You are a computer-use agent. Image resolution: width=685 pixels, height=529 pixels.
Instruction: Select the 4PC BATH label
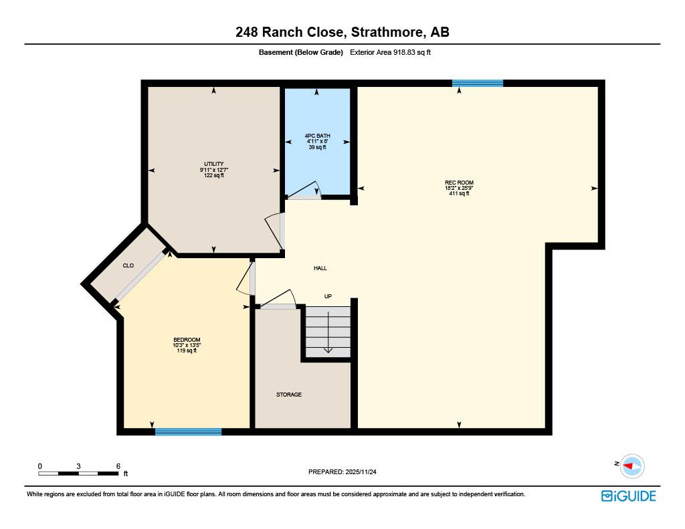point(317,136)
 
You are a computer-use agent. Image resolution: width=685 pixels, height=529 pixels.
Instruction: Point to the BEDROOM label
point(187,340)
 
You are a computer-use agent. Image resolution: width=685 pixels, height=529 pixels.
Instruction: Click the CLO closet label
point(128,266)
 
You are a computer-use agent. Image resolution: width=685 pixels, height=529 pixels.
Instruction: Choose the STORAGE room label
point(289,395)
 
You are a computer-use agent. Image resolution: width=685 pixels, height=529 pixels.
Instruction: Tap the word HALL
point(320,268)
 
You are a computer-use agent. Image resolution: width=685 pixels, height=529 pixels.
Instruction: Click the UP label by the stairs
point(328,296)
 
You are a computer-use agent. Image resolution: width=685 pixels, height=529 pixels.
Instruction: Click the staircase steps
point(328,332)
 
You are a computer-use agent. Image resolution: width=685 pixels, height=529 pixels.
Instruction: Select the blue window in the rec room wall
point(478,83)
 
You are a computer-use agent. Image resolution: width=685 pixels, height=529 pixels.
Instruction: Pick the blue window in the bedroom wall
point(188,432)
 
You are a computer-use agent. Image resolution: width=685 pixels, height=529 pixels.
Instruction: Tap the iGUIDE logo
point(628,496)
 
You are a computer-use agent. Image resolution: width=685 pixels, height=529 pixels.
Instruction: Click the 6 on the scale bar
point(118,466)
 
